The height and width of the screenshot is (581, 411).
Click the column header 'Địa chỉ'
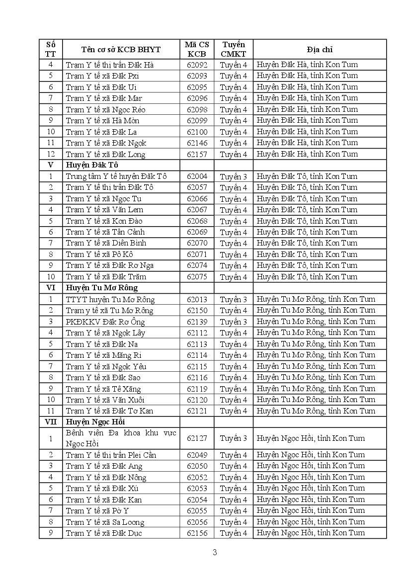tap(320, 49)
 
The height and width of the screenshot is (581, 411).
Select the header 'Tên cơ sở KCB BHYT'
tap(121, 49)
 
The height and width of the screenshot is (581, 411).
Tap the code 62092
tap(197, 65)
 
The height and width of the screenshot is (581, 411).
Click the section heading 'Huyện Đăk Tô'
tap(92, 165)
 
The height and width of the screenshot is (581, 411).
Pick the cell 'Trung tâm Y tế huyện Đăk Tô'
tap(116, 176)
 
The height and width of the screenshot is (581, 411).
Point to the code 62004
tap(197, 176)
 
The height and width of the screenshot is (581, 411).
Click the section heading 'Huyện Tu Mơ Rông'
tap(101, 288)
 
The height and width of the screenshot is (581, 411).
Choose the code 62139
tap(197, 322)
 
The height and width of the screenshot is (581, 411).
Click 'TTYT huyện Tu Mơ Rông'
tap(110, 299)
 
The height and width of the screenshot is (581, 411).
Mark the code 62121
tap(197, 411)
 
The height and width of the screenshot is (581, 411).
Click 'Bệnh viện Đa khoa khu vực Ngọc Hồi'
tap(121, 438)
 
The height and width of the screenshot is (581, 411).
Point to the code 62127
tap(197, 438)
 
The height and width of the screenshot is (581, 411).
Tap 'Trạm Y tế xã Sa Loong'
tap(105, 522)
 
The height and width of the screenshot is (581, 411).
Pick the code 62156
tap(197, 533)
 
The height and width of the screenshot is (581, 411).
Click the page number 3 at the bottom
tap(215, 552)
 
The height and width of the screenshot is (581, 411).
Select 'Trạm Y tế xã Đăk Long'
tap(105, 154)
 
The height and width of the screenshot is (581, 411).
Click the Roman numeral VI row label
tap(51, 288)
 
